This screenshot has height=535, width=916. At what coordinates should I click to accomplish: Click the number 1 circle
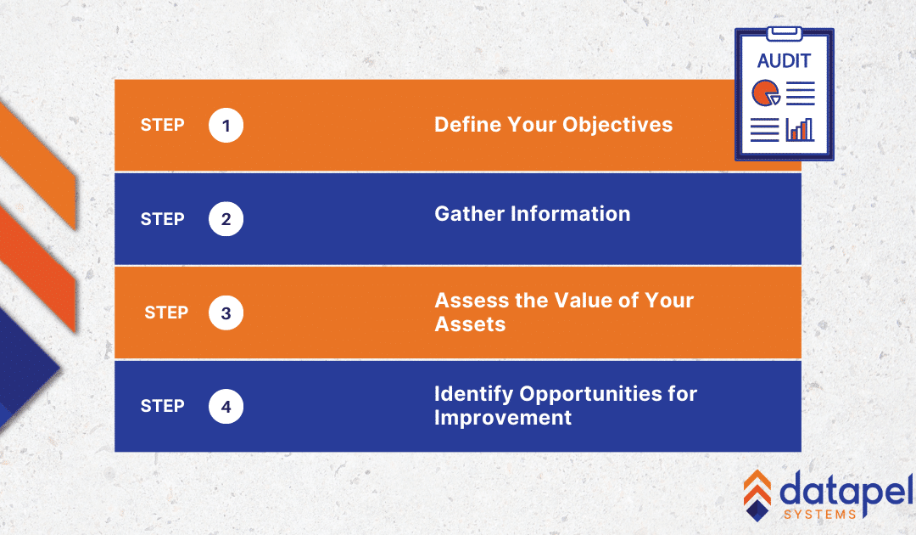[x=226, y=125]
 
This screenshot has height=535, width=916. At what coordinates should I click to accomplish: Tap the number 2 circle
[x=226, y=219]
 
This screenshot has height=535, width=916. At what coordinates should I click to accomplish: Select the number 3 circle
[x=226, y=313]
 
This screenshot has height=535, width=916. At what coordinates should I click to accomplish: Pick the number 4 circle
[x=226, y=407]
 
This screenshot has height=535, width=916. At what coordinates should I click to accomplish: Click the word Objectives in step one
[x=617, y=125]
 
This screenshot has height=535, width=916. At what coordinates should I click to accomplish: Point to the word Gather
[x=470, y=214]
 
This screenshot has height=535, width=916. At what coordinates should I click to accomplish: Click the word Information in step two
[x=571, y=214]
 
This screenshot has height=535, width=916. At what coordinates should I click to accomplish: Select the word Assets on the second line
[x=470, y=324]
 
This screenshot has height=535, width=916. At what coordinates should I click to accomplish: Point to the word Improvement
[x=503, y=418]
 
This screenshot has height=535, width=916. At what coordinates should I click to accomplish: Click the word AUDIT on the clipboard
[x=784, y=61]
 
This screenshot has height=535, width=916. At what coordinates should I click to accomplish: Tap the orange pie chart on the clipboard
[x=765, y=93]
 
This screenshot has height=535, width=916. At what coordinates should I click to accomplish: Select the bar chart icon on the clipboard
[x=800, y=130]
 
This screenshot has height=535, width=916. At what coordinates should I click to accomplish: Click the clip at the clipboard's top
[x=784, y=33]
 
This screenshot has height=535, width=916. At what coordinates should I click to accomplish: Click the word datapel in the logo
[x=846, y=491]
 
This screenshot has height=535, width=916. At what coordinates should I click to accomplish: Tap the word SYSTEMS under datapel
[x=819, y=515]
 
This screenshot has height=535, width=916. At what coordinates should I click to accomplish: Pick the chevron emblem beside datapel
[x=757, y=495]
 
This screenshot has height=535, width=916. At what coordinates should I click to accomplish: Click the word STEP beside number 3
[x=166, y=313]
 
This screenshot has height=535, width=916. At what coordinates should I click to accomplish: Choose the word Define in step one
[x=467, y=125]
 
